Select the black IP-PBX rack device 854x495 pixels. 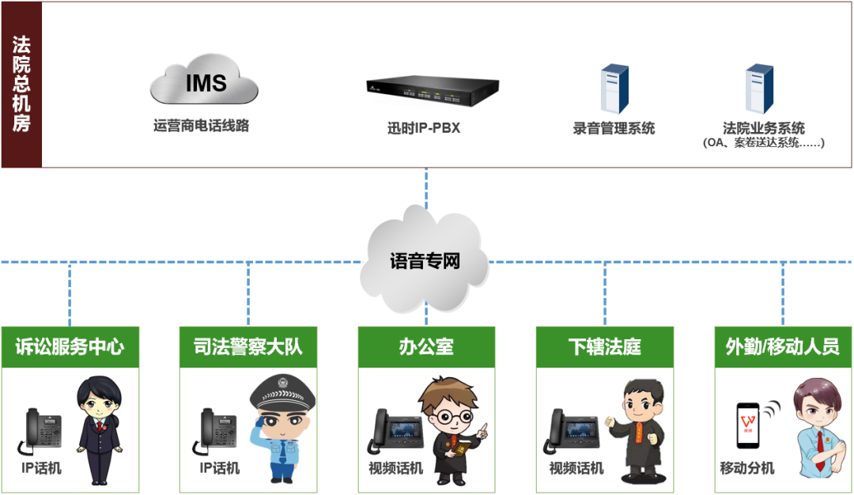433,92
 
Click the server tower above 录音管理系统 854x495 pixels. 614,88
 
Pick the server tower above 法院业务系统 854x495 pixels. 759,88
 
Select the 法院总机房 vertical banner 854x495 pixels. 21,84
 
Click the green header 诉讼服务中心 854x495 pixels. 70,346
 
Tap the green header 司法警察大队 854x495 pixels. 248,346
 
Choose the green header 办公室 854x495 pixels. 426,346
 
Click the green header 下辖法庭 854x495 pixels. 605,346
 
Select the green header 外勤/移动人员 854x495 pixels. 783,346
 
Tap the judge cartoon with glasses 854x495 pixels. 451,427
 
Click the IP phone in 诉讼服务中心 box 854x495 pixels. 43,431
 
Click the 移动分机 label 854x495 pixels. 747,468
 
